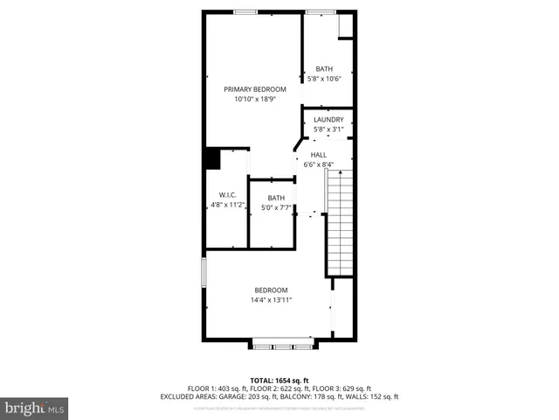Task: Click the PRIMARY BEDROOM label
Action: [255, 89]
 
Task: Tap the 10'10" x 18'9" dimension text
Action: [255, 100]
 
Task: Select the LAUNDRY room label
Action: [328, 120]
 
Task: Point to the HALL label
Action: [318, 155]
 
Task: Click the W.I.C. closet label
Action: [227, 195]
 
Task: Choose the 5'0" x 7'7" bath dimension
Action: [276, 207]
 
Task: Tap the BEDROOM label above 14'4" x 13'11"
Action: [271, 290]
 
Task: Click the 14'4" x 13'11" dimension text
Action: [271, 300]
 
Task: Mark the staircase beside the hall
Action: [341, 223]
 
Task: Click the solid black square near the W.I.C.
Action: [211, 158]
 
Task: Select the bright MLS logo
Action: [35, 408]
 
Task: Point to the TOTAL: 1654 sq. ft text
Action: [279, 380]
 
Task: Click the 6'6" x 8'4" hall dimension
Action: [318, 164]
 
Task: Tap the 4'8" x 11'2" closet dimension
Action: [227, 205]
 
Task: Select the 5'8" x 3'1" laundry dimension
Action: [328, 129]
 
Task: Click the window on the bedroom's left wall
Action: [204, 271]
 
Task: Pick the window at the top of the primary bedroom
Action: [245, 11]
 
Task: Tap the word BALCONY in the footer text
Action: [295, 396]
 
